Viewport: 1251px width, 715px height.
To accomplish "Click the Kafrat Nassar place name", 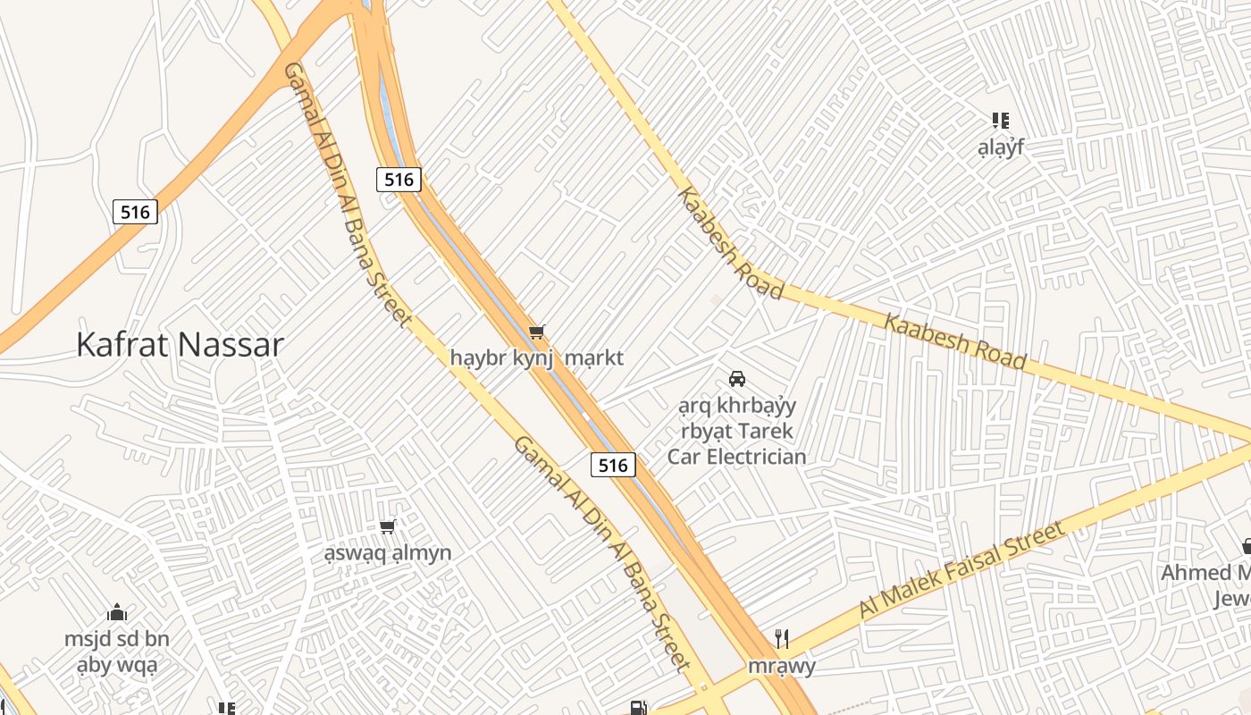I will coord(180,344).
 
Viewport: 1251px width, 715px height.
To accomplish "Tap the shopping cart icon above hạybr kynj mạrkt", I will coord(536,332).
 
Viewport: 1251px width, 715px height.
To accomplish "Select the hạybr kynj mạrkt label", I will coord(536,358).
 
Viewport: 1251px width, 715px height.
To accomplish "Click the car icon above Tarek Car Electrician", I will coord(737,379).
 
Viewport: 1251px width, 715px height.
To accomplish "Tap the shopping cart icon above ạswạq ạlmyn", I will coord(388,527).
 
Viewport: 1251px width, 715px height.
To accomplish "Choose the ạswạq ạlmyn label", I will coord(388,553).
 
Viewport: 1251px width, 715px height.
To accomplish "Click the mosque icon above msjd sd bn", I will coord(117,613).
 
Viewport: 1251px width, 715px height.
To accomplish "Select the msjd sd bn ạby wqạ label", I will coord(117,652).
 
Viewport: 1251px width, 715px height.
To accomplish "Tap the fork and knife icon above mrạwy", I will coord(782,638).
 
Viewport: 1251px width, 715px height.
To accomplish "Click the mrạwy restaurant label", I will coord(782,667).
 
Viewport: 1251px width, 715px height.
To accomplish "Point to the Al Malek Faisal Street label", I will coord(962,570).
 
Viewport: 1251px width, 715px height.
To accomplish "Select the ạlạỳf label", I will coord(1001,147).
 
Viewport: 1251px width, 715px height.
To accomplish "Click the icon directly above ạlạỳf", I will coord(1001,121).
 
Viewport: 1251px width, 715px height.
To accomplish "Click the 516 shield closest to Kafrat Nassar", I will coord(136,212).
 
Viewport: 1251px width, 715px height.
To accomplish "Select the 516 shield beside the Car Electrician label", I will coord(613,465).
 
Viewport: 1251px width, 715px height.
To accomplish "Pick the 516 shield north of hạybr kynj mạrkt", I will coord(399,180).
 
